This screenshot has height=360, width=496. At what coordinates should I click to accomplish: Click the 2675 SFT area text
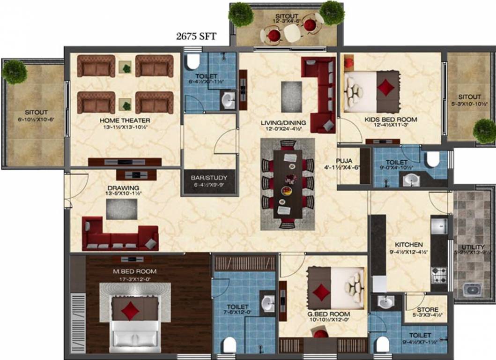coord(196,37)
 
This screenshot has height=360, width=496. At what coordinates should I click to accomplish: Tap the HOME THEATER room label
coord(125,120)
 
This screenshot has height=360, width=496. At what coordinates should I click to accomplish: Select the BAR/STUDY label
coord(209,178)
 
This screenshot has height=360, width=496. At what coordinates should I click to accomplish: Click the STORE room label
coord(427,310)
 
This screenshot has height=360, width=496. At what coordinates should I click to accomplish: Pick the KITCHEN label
coord(408,245)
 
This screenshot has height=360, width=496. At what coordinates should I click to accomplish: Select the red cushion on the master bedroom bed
coord(129,310)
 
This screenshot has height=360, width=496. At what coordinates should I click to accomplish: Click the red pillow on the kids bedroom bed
coord(385,87)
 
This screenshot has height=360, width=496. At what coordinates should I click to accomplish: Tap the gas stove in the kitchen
coord(439,274)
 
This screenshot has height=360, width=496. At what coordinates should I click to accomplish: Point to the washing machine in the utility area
coord(472,289)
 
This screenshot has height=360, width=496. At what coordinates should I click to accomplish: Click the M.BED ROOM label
coord(134,271)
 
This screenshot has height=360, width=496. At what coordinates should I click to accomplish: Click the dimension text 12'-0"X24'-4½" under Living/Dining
coord(283,130)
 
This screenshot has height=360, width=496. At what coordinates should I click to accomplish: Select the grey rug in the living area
coord(292,90)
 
